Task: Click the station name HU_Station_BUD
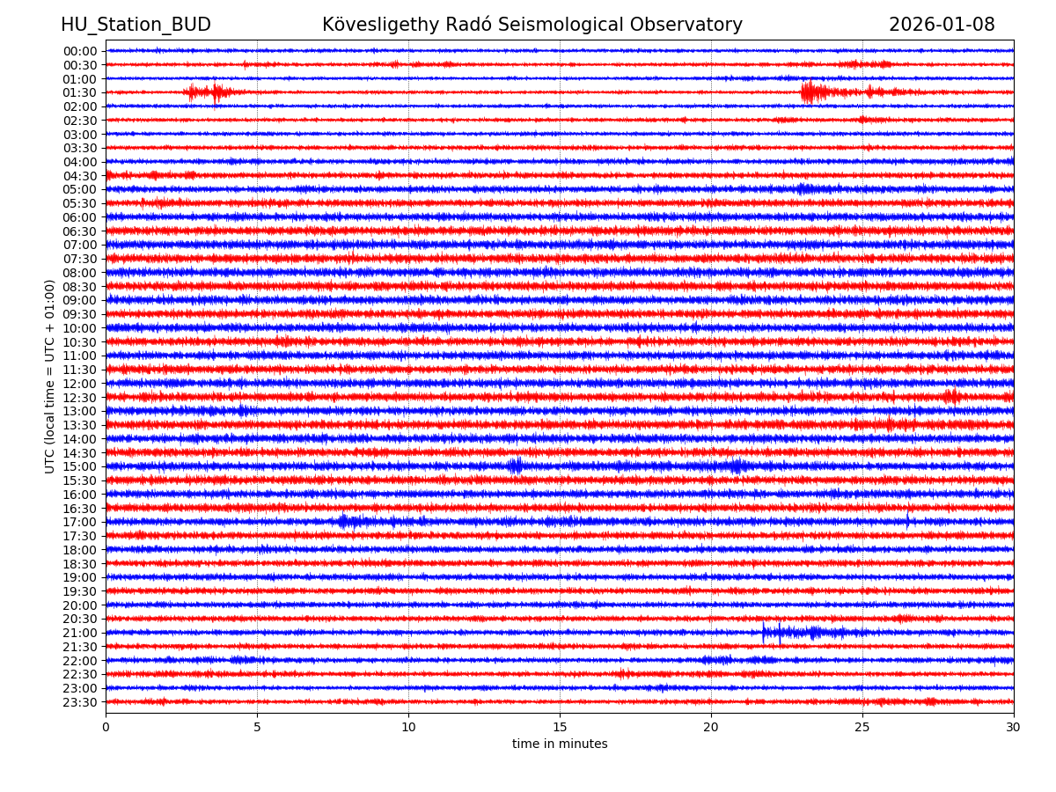(136, 25)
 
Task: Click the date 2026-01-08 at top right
(942, 25)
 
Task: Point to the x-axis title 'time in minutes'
(560, 744)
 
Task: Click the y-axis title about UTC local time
(50, 376)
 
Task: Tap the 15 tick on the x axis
(560, 728)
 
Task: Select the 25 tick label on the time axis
(862, 728)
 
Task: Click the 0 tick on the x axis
(106, 728)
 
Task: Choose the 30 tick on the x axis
(1014, 728)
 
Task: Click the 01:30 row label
(80, 92)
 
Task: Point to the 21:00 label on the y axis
(80, 633)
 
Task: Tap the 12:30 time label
(80, 398)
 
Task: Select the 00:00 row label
(80, 51)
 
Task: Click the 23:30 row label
(80, 702)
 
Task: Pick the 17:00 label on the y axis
(80, 522)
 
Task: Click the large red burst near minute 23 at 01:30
(811, 92)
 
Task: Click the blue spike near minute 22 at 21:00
(779, 632)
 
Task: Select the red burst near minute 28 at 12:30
(951, 397)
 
